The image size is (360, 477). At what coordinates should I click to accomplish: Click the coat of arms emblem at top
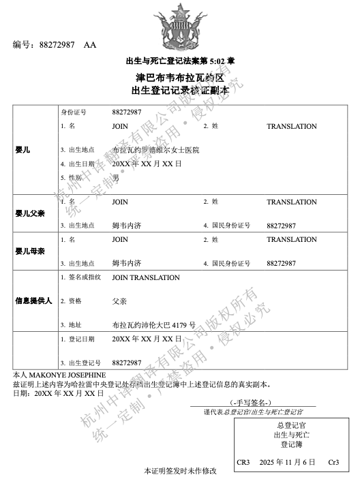(x=180, y=26)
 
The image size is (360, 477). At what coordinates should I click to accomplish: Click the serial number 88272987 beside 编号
(x=57, y=46)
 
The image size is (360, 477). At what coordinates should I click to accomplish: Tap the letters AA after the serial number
(x=90, y=46)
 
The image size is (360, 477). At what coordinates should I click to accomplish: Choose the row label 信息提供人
(x=33, y=301)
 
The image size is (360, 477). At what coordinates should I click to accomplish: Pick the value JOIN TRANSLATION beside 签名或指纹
(x=146, y=277)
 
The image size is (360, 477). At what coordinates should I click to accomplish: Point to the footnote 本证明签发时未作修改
(x=180, y=471)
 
